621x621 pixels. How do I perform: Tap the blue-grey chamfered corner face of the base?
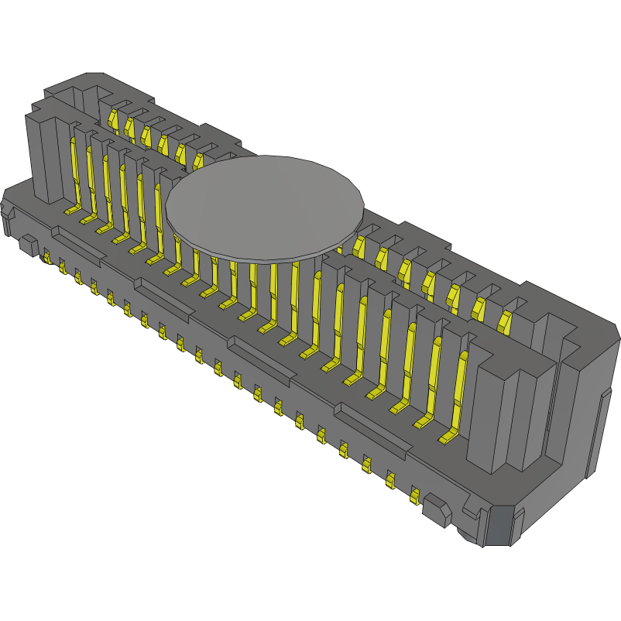497,527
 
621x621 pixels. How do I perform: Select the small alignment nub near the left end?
27,245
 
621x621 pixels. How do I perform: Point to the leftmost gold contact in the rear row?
112,119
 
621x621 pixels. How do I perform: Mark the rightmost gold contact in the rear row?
505,321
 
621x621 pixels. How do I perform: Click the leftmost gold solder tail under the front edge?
46,256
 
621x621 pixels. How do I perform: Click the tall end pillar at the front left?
46,159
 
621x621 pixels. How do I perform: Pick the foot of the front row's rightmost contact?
447,439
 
